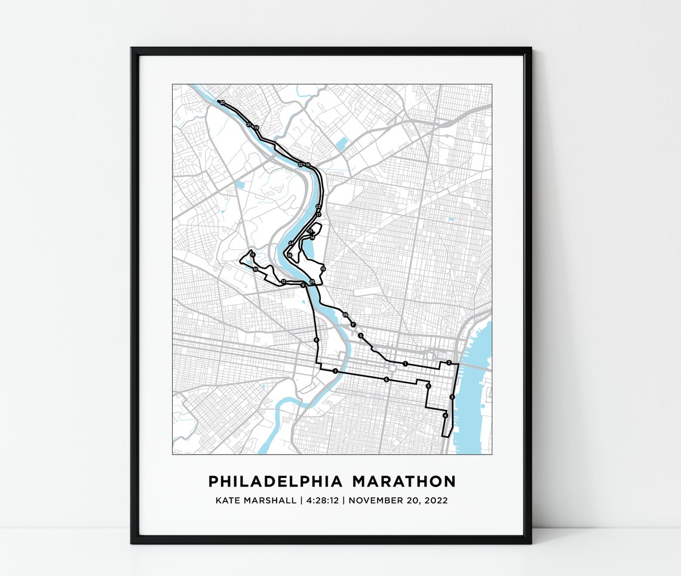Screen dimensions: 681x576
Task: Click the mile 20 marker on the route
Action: (222, 103)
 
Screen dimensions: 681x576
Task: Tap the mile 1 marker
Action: (405, 363)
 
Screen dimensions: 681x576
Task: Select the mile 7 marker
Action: (335, 372)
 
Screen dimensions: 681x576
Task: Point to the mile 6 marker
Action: (386, 379)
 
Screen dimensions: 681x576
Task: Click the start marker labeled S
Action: (361, 336)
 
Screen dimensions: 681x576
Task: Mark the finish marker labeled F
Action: (353, 324)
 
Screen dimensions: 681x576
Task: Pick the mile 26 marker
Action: (345, 314)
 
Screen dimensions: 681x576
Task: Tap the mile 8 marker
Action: (316, 341)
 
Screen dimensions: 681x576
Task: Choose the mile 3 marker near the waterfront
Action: (452, 397)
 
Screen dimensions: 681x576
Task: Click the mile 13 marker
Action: (323, 269)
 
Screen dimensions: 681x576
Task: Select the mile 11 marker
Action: (253, 255)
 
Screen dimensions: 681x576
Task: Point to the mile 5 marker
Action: (428, 386)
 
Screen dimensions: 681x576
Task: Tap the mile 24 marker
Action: (290, 243)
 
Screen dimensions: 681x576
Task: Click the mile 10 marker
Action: (255, 269)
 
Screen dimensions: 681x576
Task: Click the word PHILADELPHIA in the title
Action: (275, 482)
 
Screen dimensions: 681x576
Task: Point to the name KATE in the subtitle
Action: (228, 500)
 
